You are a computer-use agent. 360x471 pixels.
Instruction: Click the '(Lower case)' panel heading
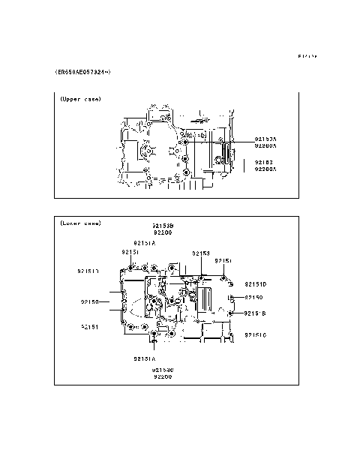79,223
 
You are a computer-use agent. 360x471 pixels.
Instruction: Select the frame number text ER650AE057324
83,72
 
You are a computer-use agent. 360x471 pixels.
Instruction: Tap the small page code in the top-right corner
307,56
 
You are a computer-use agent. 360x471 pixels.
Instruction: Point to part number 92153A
265,139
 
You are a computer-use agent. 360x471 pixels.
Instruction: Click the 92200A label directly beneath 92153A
265,146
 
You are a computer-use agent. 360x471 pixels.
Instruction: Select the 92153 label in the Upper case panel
263,162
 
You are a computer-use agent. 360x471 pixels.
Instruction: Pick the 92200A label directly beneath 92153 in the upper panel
265,169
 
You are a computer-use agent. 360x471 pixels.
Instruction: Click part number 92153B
163,225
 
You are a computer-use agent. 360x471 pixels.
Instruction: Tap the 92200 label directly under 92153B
163,232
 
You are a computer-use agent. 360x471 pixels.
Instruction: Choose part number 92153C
163,370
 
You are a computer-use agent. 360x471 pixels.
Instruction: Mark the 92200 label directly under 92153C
163,377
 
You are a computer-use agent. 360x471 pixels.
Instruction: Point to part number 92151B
256,313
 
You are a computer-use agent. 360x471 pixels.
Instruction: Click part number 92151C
256,334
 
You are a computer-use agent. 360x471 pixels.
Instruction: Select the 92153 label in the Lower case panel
200,253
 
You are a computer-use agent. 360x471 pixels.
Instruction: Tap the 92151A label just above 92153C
144,358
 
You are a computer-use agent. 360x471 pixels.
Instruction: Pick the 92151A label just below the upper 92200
144,243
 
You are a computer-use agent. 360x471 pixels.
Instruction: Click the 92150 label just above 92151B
253,298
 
